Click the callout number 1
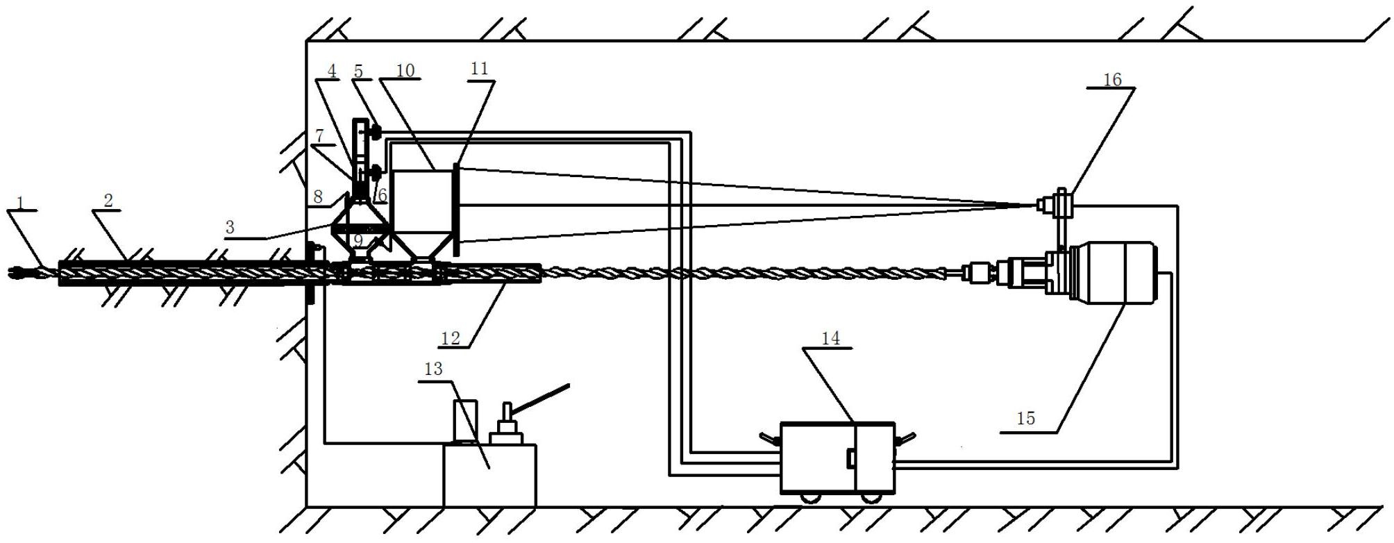click(x=21, y=203)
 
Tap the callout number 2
click(x=108, y=201)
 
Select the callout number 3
click(x=230, y=227)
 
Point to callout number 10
click(x=405, y=70)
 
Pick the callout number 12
click(x=451, y=338)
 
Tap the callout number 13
click(x=433, y=369)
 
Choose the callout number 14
click(x=830, y=338)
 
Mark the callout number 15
click(x=1025, y=418)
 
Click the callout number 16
click(x=1112, y=79)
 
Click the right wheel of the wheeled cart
click(x=869, y=497)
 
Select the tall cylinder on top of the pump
click(x=465, y=421)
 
